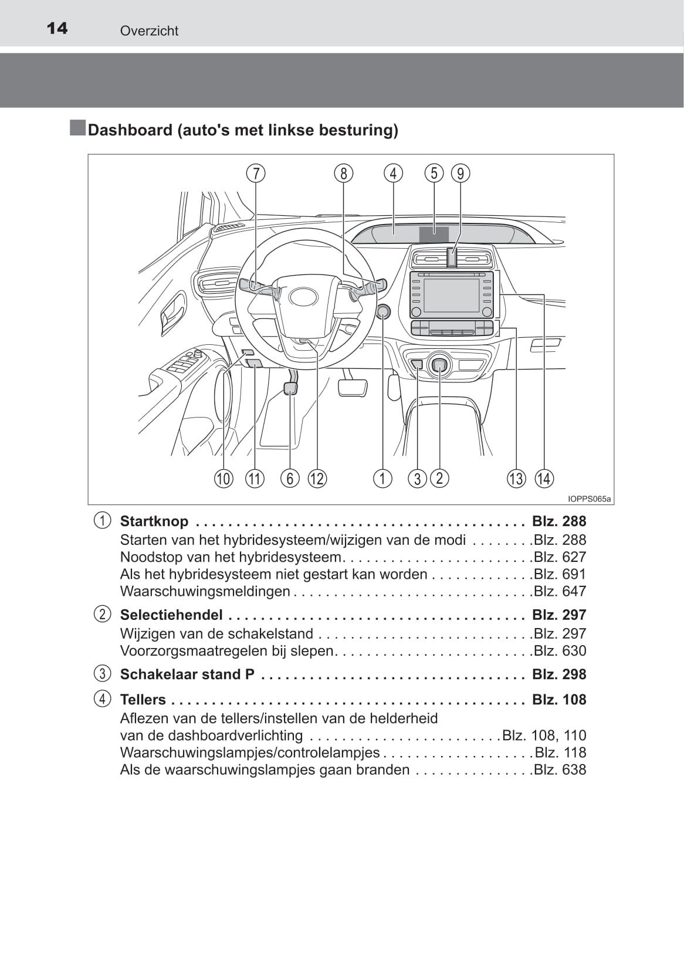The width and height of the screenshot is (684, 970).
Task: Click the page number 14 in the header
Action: pos(57,28)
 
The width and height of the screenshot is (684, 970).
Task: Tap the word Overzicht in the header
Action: pos(149,31)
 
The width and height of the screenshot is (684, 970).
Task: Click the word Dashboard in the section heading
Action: pos(130,130)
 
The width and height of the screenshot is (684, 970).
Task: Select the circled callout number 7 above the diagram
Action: pos(256,173)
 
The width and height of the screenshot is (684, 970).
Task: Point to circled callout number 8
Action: pos(344,173)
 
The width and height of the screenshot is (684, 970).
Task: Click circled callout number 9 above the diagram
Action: pos(460,173)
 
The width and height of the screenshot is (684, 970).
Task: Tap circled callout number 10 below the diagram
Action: pos(223,479)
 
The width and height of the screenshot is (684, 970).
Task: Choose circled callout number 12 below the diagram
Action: pos(317,479)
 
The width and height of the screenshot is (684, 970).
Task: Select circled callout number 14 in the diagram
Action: pos(544,479)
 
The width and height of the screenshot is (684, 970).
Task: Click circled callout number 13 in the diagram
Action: pos(516,479)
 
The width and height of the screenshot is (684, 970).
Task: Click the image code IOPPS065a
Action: pos(590,499)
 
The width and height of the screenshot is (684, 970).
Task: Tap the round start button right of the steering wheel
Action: pos(383,311)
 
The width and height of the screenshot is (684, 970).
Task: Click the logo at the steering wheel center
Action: pos(303,297)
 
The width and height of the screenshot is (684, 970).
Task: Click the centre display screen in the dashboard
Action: pos(452,296)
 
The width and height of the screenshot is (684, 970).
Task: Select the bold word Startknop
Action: pos(154,521)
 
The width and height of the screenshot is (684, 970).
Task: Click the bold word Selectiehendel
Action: pos(171,615)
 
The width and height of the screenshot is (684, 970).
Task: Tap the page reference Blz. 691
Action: pos(560,574)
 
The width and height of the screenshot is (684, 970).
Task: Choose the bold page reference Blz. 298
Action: pos(559,674)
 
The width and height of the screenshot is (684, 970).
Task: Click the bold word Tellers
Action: pos(143,700)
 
